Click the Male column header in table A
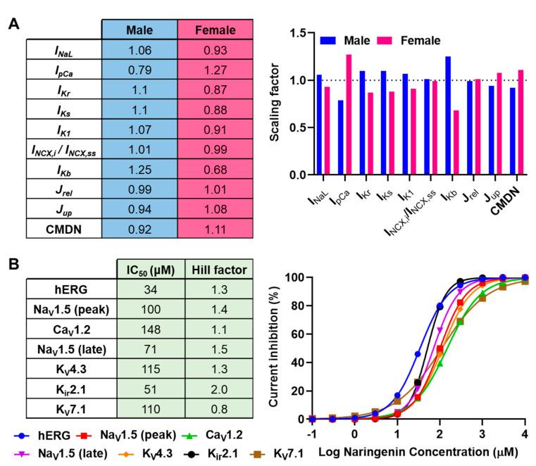point(139,31)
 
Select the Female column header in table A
point(214,31)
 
